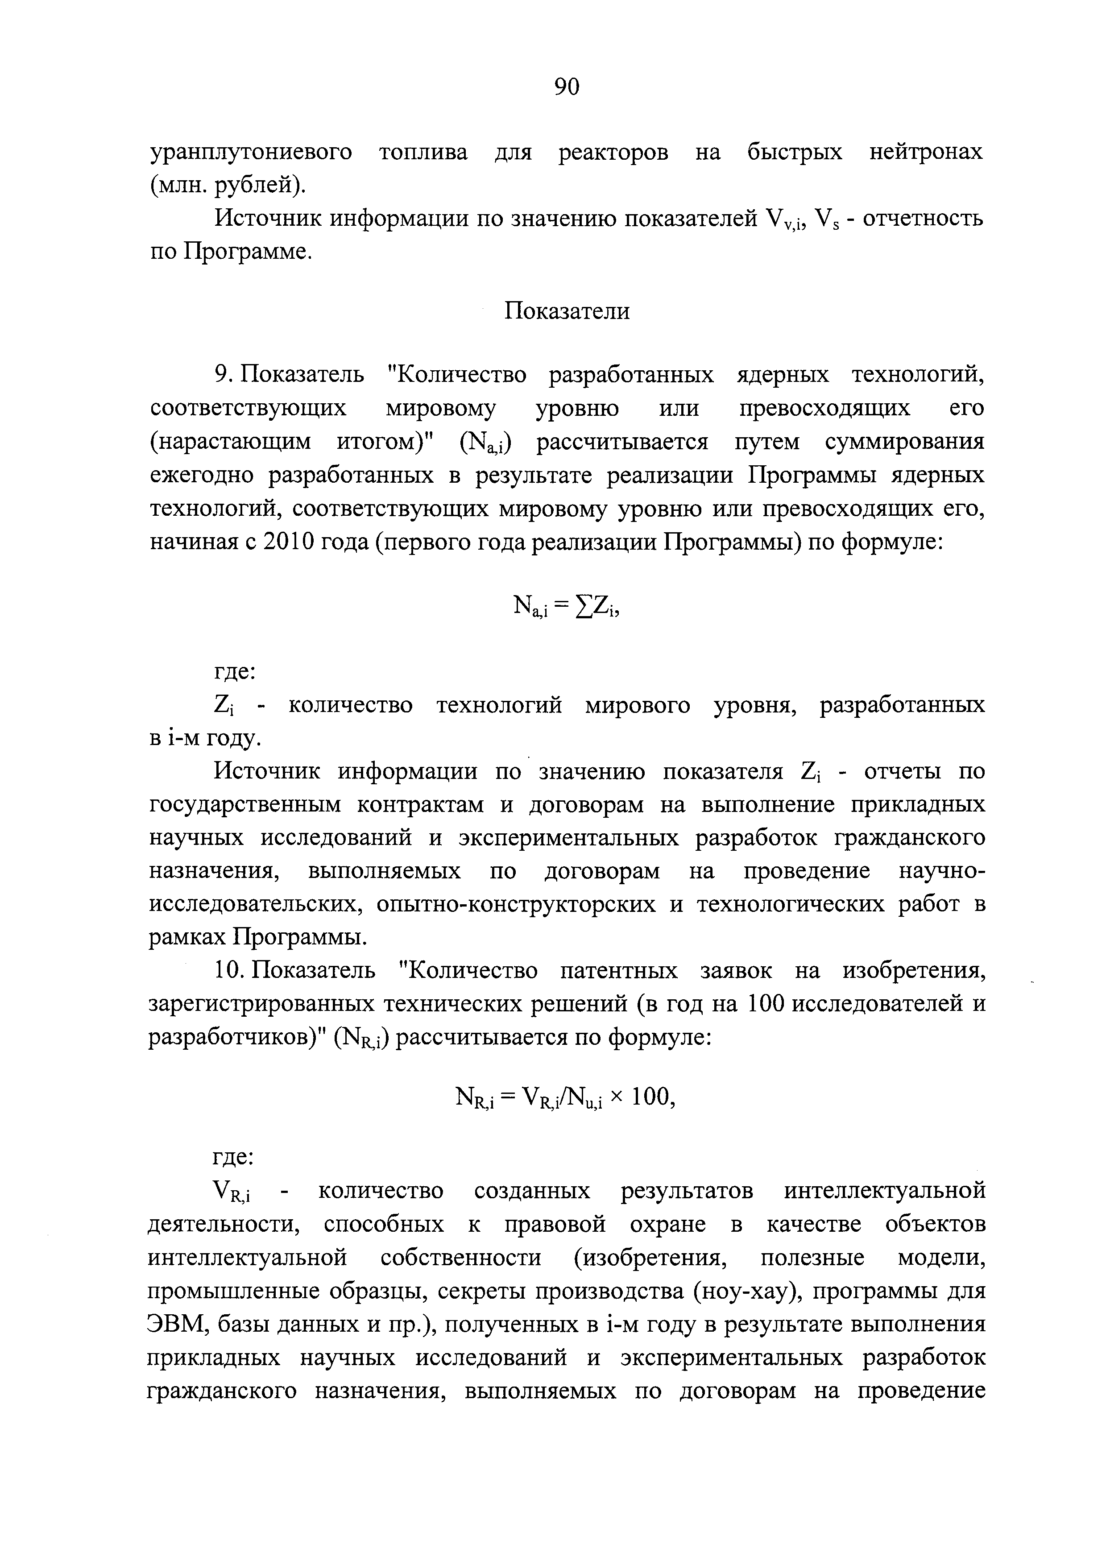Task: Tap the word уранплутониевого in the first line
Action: (251, 152)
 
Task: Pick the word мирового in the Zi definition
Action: (637, 705)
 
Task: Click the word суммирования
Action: (904, 442)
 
